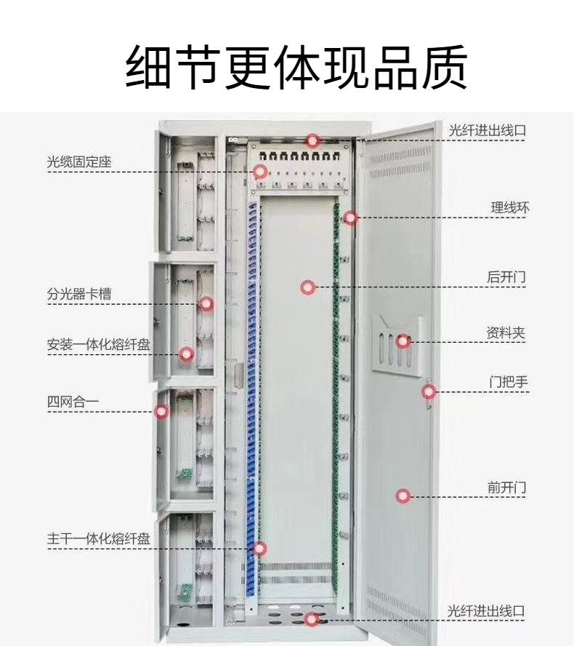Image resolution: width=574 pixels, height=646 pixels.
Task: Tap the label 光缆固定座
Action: pos(79,162)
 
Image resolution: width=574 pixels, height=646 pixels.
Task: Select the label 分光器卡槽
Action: pos(79,295)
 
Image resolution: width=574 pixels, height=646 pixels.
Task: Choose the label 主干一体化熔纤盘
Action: pos(99,539)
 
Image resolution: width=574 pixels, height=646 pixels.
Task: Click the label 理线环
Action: pos(509,208)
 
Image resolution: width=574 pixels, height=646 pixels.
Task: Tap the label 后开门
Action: pos(506,277)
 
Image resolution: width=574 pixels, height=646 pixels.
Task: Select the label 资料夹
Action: pos(506,333)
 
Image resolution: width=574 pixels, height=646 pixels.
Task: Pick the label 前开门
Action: pos(506,487)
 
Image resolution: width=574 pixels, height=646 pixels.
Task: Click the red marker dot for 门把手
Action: pos(429,392)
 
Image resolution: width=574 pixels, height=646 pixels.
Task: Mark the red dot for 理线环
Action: pos(351,217)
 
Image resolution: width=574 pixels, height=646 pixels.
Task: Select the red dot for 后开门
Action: pos(308,287)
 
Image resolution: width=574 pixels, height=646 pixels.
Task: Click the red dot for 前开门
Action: pos(403,496)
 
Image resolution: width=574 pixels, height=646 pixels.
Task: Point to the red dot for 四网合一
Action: pos(162,411)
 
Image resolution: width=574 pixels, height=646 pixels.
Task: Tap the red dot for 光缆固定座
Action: pos(259,172)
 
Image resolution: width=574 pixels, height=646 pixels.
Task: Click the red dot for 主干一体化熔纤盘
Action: pos(259,549)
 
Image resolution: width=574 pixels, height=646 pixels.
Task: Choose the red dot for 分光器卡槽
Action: pos(206,303)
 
